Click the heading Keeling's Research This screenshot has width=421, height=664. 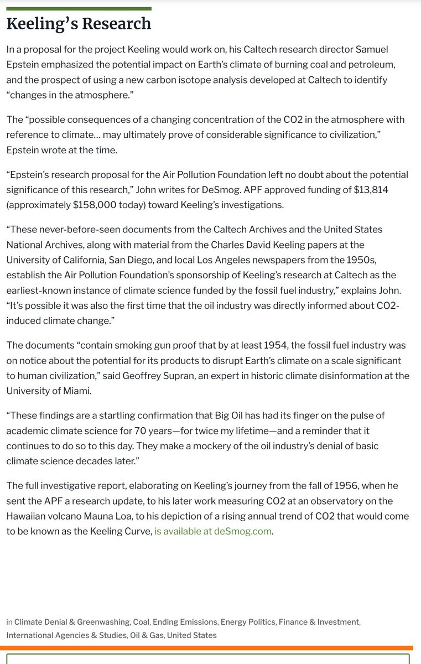pos(79,24)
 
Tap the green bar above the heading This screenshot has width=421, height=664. pos(79,9)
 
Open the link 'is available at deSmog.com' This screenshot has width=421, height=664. pos(213,532)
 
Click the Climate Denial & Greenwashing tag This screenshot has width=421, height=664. pos(72,622)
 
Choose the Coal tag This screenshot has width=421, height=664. pos(141,622)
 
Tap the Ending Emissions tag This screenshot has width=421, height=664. pos(184,622)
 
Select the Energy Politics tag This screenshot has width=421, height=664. pos(247,622)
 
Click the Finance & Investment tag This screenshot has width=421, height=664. pos(319,622)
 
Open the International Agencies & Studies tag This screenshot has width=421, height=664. pos(66,635)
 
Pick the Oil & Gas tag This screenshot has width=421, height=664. pos(147,635)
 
